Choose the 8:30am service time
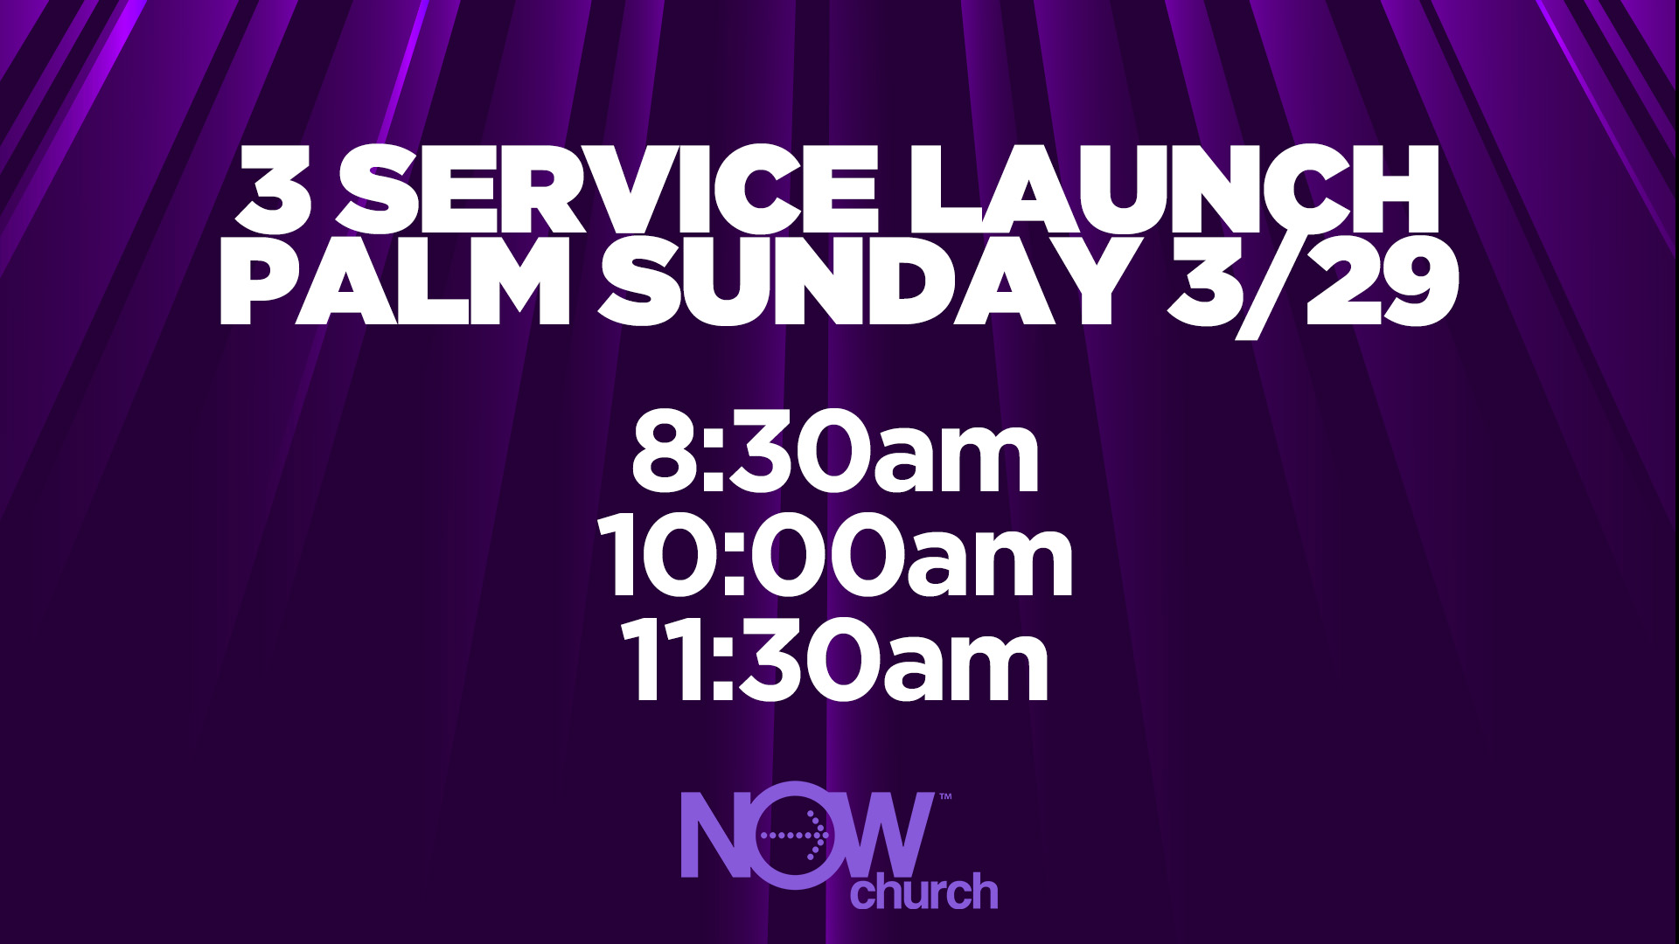point(836,456)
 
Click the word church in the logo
point(925,892)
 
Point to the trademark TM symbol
point(944,798)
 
